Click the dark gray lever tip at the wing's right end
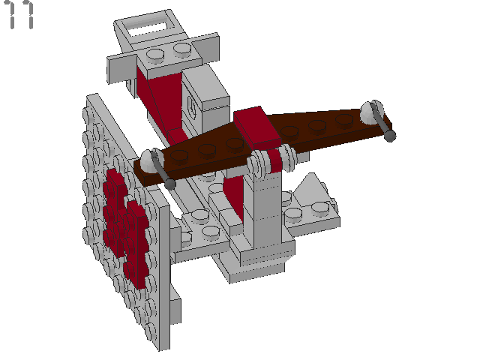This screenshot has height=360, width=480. (x=391, y=136)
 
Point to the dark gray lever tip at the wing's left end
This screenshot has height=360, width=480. (x=171, y=183)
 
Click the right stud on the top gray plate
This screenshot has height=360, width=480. (x=182, y=49)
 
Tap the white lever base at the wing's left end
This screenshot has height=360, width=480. (x=148, y=160)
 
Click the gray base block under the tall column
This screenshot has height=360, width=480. (x=255, y=262)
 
